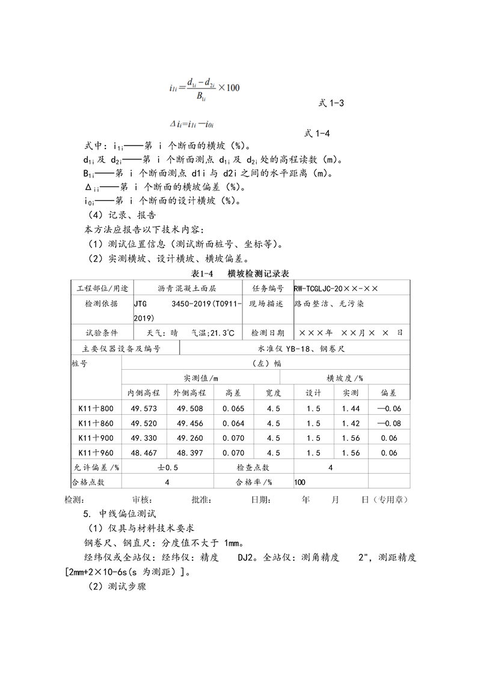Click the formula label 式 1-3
coord(331,103)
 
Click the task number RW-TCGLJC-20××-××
coord(336,289)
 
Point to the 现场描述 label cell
coord(266,304)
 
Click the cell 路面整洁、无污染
coord(329,304)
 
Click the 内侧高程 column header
coord(143,393)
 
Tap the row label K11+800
coord(96,409)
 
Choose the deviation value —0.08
coord(389,423)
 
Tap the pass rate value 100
coord(300,482)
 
